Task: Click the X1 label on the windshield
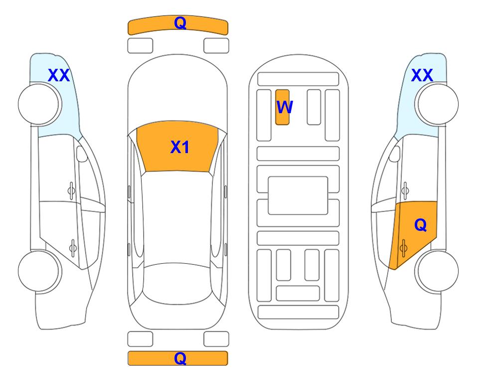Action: (x=180, y=147)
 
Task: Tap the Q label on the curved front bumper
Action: (x=180, y=23)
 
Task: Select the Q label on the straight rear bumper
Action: (x=180, y=358)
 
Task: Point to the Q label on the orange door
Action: (x=420, y=225)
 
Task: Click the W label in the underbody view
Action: (x=285, y=107)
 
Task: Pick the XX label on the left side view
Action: (x=59, y=75)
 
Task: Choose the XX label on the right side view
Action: (x=422, y=75)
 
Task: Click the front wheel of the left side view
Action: (x=39, y=104)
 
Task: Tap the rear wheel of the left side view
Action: (x=39, y=271)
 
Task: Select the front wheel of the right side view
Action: (x=438, y=104)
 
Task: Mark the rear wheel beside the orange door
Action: (x=438, y=271)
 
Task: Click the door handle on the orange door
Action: (x=403, y=248)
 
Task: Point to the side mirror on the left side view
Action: (x=81, y=154)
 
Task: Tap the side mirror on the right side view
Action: (x=395, y=154)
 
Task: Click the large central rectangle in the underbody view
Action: (x=298, y=195)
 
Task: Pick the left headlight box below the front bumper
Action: (x=140, y=46)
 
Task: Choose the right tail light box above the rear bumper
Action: (x=216, y=339)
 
